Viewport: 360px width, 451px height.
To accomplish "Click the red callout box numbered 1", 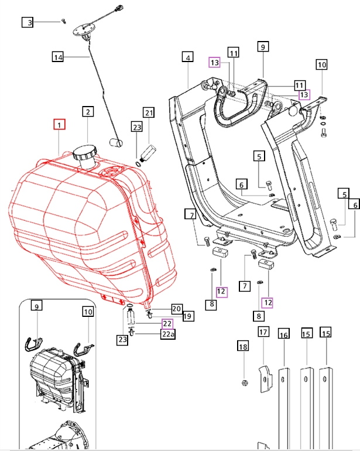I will click(60, 124).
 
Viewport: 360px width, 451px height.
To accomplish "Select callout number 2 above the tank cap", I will click(88, 111).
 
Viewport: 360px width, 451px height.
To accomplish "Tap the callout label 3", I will click(28, 23).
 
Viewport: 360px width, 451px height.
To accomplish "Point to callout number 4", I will click(187, 57).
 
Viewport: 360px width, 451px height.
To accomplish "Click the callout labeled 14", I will click(57, 57).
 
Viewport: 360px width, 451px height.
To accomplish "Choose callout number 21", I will click(148, 112).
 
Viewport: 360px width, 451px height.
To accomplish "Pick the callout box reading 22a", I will click(168, 334).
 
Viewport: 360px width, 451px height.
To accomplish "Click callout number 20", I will click(177, 309).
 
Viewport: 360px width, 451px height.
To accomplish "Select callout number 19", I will click(188, 316).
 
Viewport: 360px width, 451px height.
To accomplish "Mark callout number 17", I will click(263, 332).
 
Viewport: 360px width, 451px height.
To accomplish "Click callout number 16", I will click(284, 335).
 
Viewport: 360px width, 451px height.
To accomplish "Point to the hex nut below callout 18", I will click(243, 383).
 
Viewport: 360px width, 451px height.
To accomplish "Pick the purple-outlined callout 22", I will click(167, 323).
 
